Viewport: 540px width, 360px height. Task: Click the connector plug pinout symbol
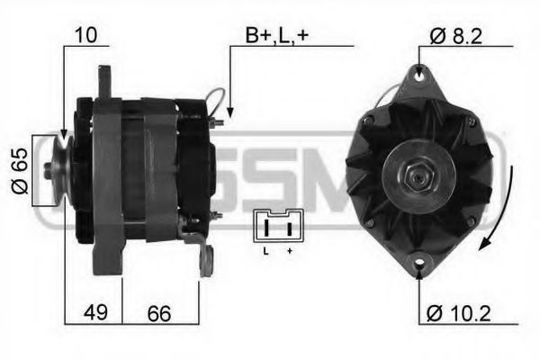278,224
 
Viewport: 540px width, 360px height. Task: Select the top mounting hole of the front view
420,77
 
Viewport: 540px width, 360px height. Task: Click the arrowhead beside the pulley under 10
64,135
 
